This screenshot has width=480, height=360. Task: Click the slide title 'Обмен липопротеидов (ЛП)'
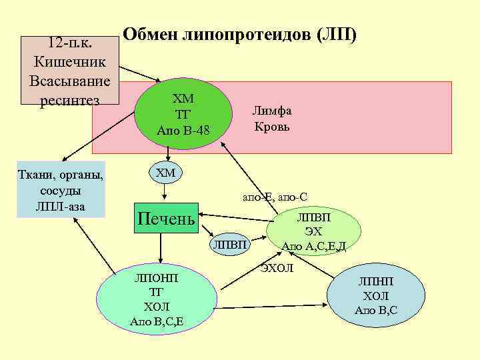[241, 33]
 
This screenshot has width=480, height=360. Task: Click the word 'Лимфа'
[272, 111]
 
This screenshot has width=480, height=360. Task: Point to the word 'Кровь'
[272, 126]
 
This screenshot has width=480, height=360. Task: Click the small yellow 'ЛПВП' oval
[231, 246]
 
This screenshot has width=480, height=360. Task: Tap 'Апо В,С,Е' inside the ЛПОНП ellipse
[157, 322]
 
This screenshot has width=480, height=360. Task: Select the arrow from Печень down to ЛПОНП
[161, 250]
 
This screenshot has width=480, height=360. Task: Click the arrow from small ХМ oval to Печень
[165, 192]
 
